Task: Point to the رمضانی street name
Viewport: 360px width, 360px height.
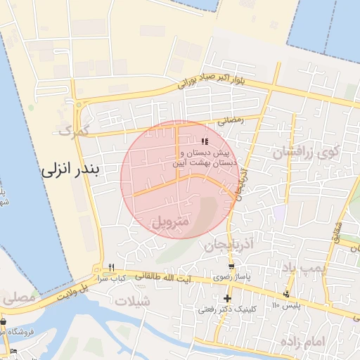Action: coord(230,120)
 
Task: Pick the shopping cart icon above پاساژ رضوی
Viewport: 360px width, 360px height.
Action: coord(231,266)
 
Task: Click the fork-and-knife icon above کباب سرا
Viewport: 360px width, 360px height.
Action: coord(110,267)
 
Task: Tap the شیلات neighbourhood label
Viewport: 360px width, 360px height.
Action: coord(136,301)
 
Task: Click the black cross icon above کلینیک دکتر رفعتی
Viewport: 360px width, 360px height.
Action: coord(226,298)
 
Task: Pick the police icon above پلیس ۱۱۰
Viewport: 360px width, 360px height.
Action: coord(285,294)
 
